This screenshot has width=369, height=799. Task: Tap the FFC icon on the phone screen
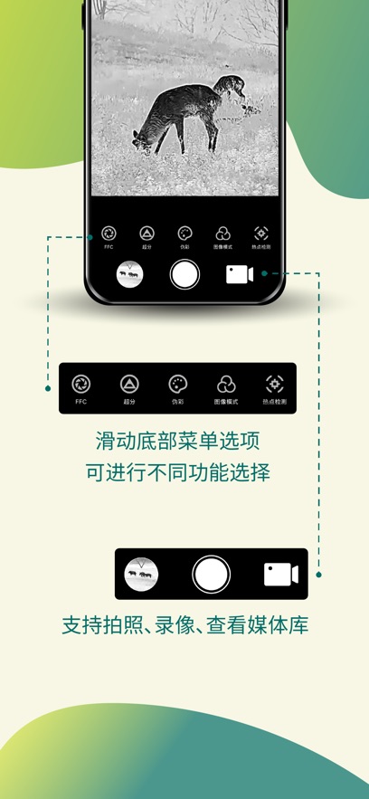109,233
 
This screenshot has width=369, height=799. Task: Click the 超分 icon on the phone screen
147,233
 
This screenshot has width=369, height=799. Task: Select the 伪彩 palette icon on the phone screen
184,233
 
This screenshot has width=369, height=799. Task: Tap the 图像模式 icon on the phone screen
223,233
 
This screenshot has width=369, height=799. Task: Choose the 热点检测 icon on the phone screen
261,233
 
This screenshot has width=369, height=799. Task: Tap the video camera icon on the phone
239,274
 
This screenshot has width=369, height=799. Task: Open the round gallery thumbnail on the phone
132,274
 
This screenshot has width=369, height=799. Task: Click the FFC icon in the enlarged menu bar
81,385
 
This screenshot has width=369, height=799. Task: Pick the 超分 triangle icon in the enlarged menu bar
129,385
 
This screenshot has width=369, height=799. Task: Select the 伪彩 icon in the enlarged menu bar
177,385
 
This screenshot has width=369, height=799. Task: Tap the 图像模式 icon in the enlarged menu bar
226,385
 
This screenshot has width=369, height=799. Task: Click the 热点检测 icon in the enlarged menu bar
274,385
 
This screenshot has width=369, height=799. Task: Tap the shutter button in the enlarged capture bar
211,574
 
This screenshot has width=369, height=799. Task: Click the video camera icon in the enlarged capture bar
280,574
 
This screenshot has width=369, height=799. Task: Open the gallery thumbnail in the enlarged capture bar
141,574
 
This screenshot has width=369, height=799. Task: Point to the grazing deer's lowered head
142,139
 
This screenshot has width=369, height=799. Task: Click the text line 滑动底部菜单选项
184,442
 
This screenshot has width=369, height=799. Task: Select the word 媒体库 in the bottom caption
282,625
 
